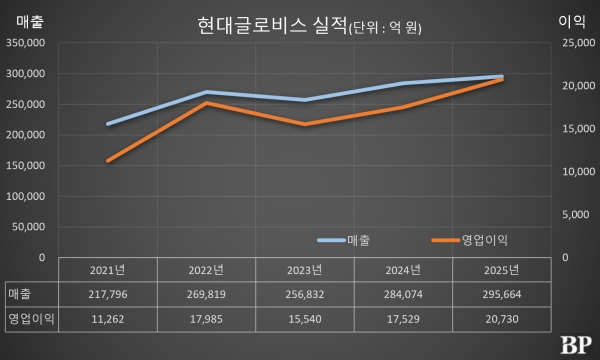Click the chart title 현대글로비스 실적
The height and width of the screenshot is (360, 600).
tap(271, 27)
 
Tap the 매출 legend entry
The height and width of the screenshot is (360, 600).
tap(344, 240)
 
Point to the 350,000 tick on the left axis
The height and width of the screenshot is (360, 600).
tap(27, 43)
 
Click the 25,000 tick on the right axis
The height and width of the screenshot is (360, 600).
tap(578, 43)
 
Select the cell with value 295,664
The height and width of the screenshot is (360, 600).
tap(503, 295)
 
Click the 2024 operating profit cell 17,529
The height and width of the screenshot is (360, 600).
tap(404, 319)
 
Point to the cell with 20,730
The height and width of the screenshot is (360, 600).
tap(503, 319)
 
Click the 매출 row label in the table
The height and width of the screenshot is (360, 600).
tap(20, 295)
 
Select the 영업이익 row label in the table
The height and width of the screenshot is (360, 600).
tap(30, 319)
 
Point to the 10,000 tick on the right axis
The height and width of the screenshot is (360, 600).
tap(578, 172)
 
